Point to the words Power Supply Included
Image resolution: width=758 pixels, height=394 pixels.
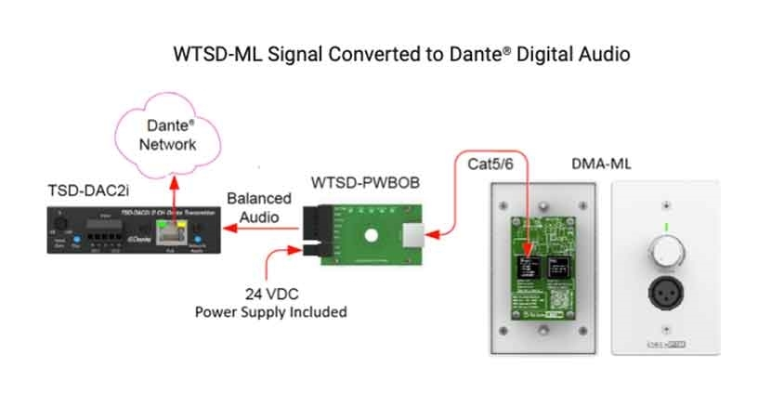click(x=270, y=312)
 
